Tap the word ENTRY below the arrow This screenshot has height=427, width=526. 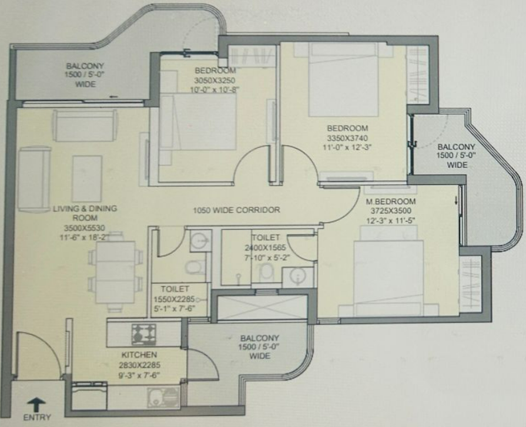click(x=37, y=418)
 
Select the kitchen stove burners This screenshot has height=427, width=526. click(x=143, y=334)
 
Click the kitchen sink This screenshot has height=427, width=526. click(x=163, y=397)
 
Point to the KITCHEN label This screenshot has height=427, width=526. click(x=139, y=355)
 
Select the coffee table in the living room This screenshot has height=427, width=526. click(x=87, y=179)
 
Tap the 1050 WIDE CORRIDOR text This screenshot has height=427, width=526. click(x=236, y=210)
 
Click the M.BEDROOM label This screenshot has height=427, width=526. click(x=390, y=201)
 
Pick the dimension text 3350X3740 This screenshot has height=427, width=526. click(x=347, y=138)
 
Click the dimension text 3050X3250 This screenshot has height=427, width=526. click(x=215, y=80)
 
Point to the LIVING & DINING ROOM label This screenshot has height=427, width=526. click(x=85, y=213)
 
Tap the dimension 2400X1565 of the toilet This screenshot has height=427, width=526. click(x=265, y=248)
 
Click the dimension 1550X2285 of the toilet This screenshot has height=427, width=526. click(x=174, y=298)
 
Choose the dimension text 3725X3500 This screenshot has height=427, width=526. click(x=391, y=211)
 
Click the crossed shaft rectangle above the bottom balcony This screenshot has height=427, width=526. click(x=262, y=307)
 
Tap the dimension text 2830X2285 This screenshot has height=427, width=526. click(x=139, y=365)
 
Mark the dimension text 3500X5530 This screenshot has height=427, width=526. click(x=85, y=228)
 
